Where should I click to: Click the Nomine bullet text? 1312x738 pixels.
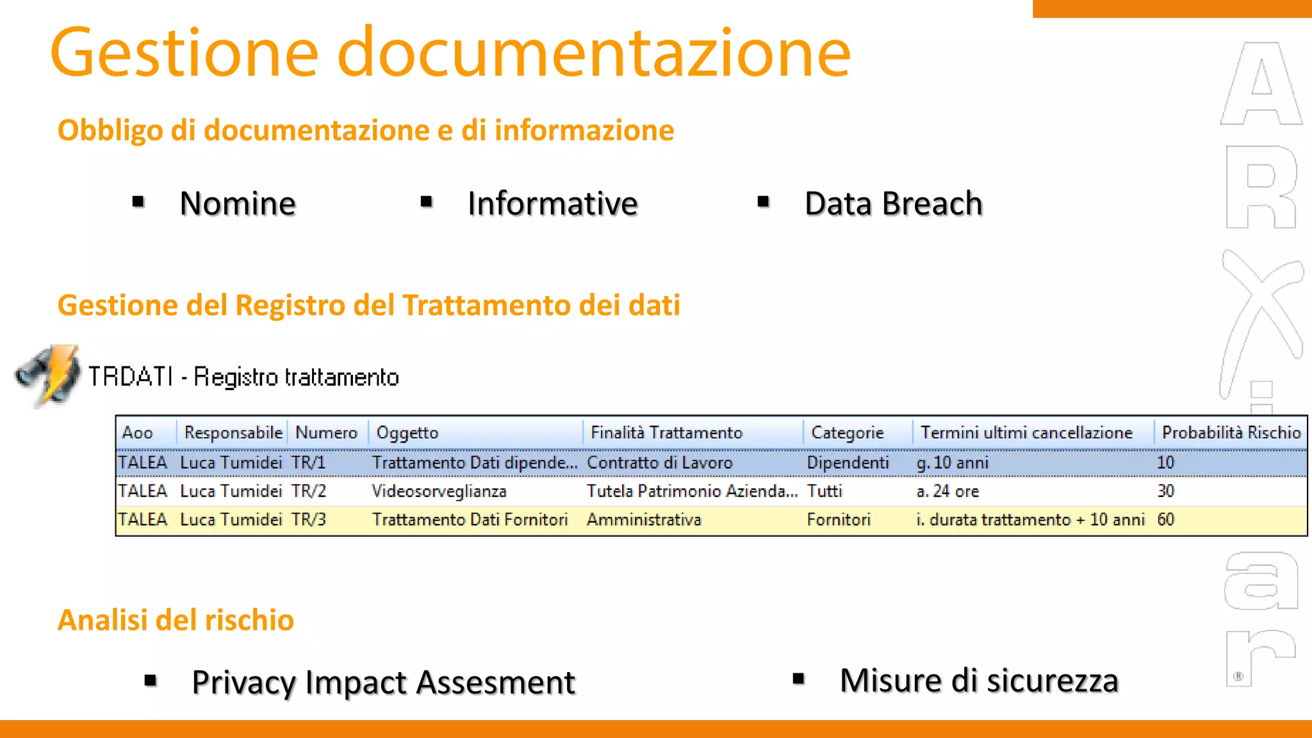click(x=238, y=204)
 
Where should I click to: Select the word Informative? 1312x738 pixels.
click(x=552, y=204)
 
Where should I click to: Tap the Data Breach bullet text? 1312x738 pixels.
click(x=893, y=204)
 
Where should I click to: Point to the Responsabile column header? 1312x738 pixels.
click(x=233, y=432)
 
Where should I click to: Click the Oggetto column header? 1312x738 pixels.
click(x=407, y=432)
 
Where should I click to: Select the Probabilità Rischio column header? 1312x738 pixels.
click(x=1231, y=432)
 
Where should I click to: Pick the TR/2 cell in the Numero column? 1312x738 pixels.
click(x=309, y=491)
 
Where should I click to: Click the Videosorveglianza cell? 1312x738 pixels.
click(x=439, y=491)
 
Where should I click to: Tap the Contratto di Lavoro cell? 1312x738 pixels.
click(x=659, y=463)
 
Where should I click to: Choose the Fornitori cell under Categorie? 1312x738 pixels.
click(x=839, y=520)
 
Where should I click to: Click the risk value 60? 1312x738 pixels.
click(x=1165, y=520)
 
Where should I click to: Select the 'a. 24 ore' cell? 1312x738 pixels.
click(x=947, y=491)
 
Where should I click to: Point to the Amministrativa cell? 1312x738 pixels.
click(x=644, y=520)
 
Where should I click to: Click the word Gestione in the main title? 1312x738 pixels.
click(x=184, y=53)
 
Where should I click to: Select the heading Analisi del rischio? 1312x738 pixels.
click(x=176, y=620)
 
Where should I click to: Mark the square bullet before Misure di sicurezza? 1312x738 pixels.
click(x=798, y=678)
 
